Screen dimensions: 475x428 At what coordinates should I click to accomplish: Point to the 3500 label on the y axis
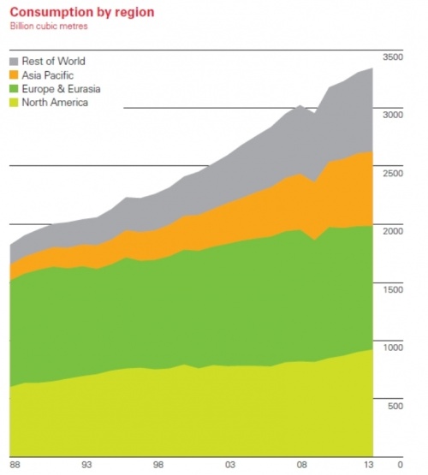coord(392,56)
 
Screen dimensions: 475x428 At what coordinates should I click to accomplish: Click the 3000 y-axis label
coord(392,114)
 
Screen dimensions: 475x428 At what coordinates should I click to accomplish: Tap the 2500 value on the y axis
coord(392,173)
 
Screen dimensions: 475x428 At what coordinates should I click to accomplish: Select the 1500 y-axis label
coord(392,289)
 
